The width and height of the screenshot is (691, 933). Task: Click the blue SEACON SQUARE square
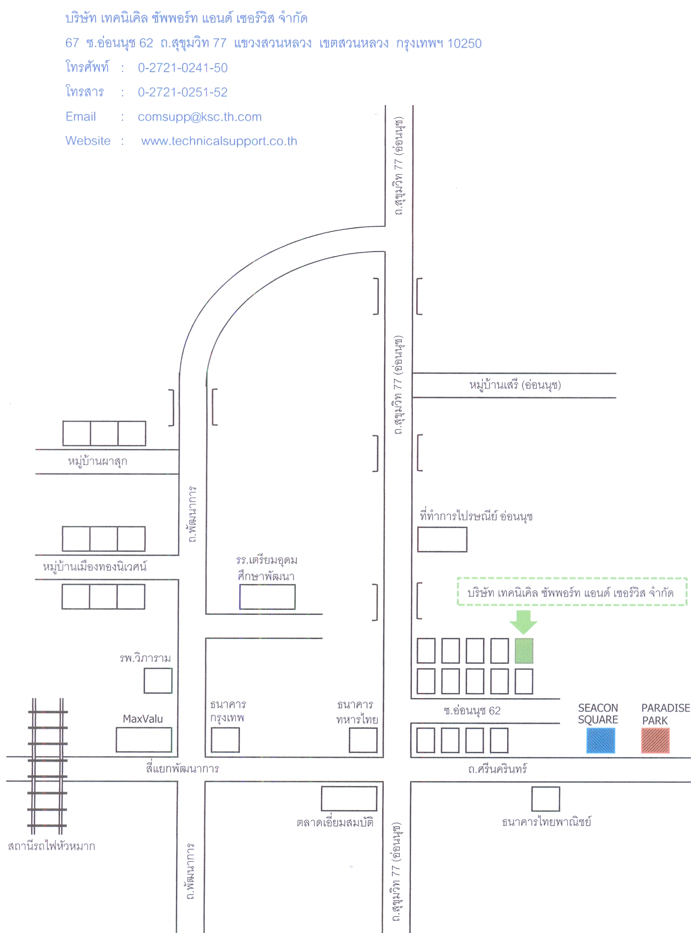point(601,741)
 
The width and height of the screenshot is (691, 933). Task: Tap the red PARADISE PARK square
point(655,741)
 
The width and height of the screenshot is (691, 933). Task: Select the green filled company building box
point(524,651)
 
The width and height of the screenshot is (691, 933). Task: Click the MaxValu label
point(143,719)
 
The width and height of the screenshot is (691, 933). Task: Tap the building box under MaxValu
point(144,740)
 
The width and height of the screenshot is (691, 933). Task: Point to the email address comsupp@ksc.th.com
point(200,117)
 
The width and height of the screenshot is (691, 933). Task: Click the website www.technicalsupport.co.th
point(219,141)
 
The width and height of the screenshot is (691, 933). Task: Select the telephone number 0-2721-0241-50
point(183,68)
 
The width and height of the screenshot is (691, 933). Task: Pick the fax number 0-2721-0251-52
point(183,92)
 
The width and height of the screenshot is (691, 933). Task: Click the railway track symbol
point(47,766)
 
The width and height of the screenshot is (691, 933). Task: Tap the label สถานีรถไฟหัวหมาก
point(51,846)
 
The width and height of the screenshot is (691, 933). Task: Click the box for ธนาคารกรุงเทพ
point(225,740)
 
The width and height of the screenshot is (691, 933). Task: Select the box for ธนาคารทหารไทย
point(363,740)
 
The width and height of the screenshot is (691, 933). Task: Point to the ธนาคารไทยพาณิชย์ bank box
point(546,799)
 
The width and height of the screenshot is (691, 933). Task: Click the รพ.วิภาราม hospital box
point(158,680)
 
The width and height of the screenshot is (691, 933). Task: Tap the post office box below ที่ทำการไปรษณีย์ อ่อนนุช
point(442,539)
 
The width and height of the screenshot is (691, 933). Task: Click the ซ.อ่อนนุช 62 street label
point(472,711)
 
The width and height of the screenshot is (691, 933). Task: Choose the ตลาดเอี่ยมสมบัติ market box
point(349,799)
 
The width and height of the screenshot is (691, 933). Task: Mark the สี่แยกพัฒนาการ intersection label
point(183,769)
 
